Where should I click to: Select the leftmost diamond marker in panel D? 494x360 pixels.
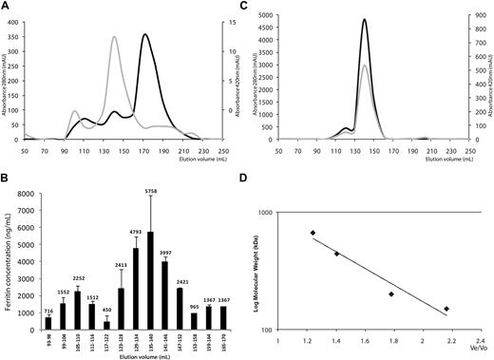point(313,233)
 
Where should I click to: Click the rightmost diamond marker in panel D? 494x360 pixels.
point(446,310)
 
